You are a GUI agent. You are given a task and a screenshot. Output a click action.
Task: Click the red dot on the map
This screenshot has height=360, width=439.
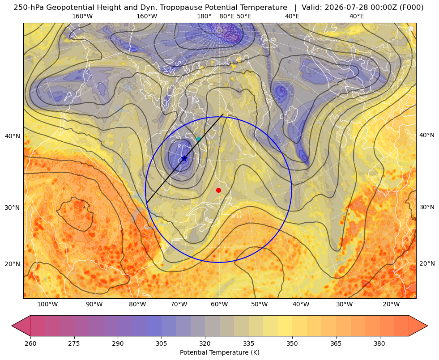219,190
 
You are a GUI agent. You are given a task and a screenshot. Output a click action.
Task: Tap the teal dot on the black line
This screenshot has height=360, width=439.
199,139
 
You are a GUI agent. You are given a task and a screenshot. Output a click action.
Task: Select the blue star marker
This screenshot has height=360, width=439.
184,159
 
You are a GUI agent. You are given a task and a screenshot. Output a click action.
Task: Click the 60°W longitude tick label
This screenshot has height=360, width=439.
219,305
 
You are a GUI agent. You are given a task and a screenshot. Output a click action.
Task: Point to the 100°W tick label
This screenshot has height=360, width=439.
47,305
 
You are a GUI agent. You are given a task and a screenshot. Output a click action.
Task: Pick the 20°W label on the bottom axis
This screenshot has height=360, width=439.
391,305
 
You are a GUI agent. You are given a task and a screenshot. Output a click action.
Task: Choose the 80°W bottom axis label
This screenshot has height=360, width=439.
137,305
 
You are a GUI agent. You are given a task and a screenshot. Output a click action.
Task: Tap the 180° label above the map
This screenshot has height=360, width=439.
205,16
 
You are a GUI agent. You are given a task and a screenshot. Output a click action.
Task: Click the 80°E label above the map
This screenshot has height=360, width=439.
226,16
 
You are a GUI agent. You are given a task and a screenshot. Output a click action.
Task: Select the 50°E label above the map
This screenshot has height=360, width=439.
244,16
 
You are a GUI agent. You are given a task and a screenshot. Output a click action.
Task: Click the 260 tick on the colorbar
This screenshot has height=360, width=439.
30,343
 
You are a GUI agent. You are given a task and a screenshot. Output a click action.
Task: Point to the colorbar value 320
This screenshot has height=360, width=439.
205,343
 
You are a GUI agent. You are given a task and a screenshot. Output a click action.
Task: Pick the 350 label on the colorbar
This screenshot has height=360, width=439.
292,343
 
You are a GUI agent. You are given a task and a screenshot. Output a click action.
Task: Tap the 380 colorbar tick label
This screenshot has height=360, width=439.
379,343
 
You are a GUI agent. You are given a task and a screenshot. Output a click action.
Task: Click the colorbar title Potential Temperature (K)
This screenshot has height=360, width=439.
219,352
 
